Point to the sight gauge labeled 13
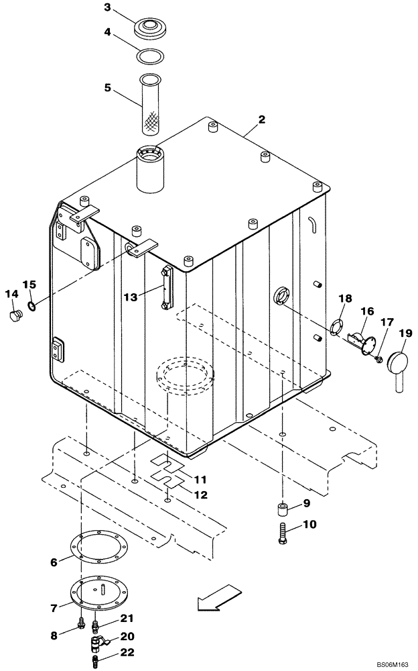click(165, 288)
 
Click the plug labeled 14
click(13, 316)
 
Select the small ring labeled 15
click(31, 307)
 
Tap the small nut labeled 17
click(379, 361)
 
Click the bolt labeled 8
click(80, 627)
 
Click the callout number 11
click(200, 480)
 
